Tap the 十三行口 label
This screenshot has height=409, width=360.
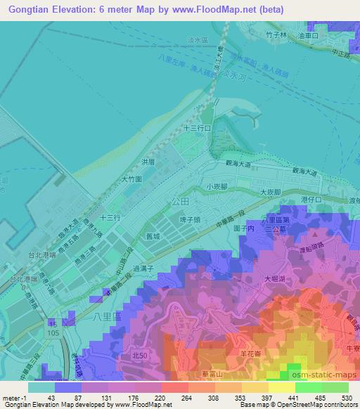click(198, 129)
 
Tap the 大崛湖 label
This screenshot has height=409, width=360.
click(275, 279)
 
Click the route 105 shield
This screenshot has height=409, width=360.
click(53, 330)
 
